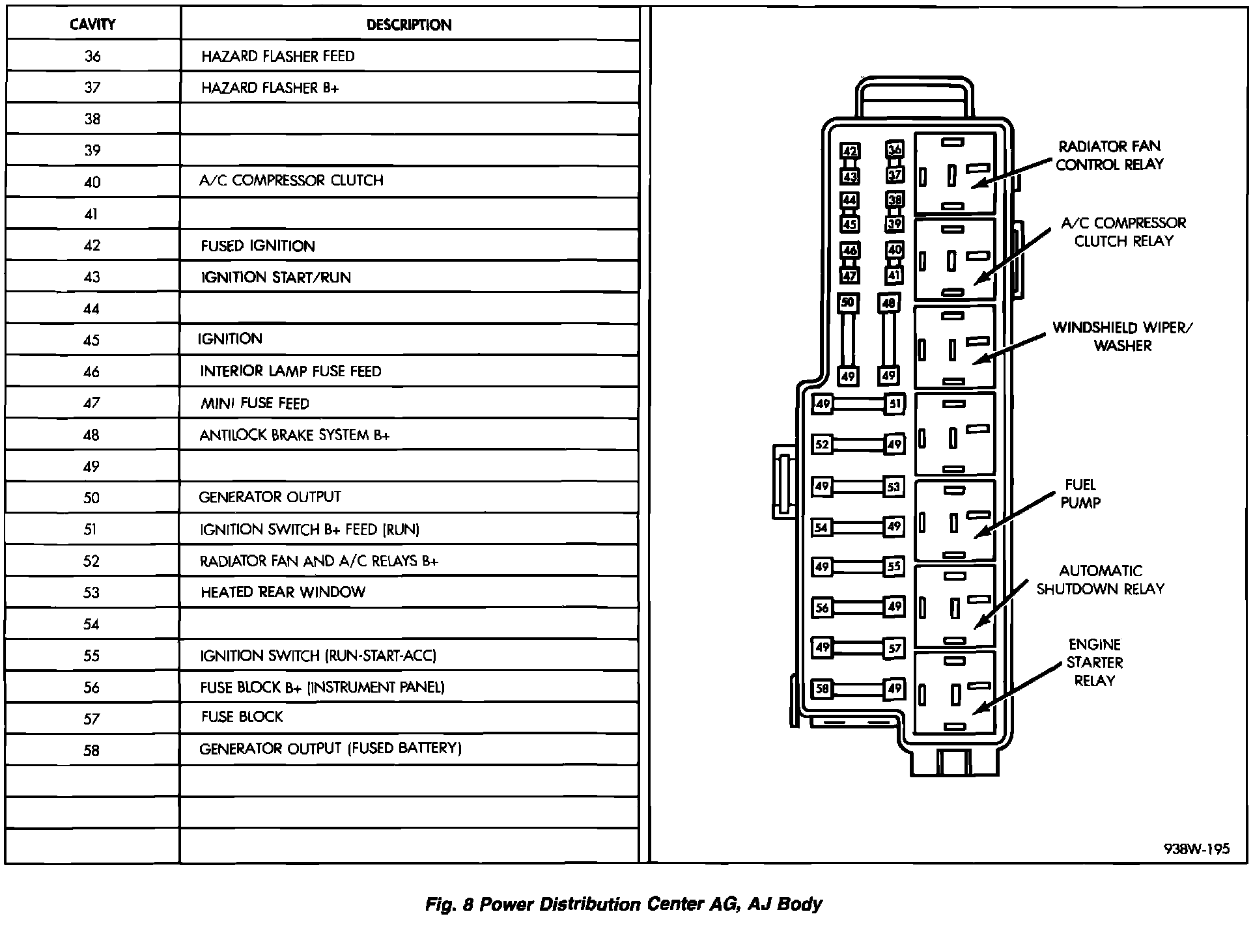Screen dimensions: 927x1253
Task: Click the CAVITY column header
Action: click(92, 25)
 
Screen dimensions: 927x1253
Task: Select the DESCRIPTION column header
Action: click(409, 25)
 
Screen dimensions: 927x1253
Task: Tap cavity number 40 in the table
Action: click(92, 182)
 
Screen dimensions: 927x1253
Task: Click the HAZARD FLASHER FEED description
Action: click(278, 56)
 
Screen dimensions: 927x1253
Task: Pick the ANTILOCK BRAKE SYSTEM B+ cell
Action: click(294, 435)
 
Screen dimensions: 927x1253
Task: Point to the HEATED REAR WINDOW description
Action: click(283, 592)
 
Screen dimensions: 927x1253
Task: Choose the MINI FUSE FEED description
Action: click(255, 404)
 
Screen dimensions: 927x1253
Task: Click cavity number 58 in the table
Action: click(91, 750)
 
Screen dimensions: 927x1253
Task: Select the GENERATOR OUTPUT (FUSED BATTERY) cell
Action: click(330, 749)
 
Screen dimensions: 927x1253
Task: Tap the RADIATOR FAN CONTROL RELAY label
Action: click(1109, 156)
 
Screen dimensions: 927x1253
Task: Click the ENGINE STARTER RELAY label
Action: click(1095, 663)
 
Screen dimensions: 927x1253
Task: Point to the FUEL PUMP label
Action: click(1080, 493)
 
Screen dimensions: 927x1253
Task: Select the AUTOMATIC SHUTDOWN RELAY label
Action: click(1100, 580)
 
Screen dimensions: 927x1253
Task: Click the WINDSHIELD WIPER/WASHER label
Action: click(1122, 337)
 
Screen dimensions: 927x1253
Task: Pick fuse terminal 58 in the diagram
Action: click(822, 688)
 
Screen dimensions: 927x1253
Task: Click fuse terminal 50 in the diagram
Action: click(847, 303)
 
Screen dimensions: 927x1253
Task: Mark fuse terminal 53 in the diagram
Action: click(894, 486)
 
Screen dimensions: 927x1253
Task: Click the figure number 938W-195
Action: click(1196, 848)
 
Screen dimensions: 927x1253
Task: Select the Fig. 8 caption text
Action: click(623, 904)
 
